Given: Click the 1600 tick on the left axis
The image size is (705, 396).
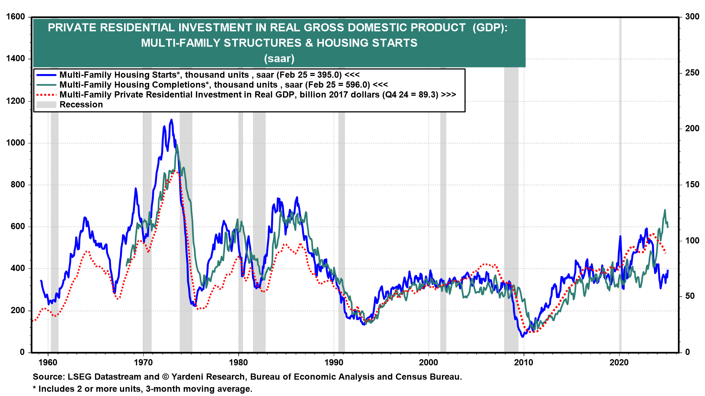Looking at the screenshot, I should click(15, 17).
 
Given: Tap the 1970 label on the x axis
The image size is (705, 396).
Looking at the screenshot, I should click(143, 363).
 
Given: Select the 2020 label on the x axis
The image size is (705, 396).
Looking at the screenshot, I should click(619, 363).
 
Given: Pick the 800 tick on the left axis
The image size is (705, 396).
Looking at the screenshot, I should click(18, 184).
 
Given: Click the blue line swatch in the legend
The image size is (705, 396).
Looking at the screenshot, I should click(46, 75).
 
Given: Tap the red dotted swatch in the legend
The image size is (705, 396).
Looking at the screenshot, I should click(46, 95).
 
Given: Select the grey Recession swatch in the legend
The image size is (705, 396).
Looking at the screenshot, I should click(46, 104).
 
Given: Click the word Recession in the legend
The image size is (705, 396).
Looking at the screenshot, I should click(81, 104).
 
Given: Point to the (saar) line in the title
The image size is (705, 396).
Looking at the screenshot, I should click(279, 58).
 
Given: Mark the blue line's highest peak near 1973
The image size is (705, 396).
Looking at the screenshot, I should click(171, 120).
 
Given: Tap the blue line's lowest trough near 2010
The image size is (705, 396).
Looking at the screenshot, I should click(522, 337).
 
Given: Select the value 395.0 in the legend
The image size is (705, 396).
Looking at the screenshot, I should click(328, 75).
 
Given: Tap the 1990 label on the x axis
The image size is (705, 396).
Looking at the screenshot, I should click(334, 363).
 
